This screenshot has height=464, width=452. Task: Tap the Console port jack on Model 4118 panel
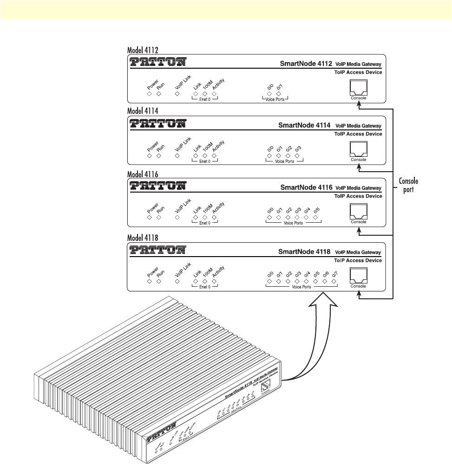click(x=358, y=276)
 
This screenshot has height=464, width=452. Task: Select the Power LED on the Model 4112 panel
click(x=149, y=94)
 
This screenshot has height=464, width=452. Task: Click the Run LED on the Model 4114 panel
click(x=158, y=156)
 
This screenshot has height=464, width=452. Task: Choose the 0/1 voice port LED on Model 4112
click(x=279, y=94)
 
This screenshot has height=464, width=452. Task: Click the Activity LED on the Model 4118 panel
click(x=214, y=281)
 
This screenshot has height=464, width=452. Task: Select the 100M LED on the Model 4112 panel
click(x=205, y=94)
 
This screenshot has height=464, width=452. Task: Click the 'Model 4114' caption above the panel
click(x=143, y=111)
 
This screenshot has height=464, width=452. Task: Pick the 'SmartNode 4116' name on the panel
click(x=305, y=188)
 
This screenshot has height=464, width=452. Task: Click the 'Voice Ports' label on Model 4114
click(x=284, y=161)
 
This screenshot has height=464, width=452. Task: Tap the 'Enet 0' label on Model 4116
click(x=205, y=223)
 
